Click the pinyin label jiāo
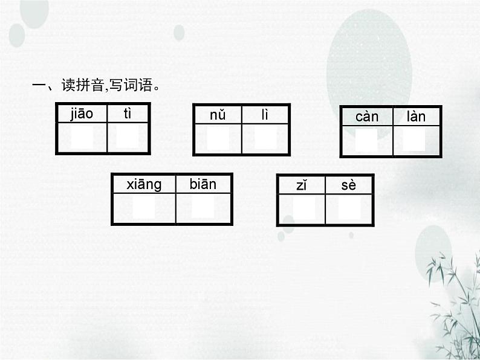tap(82, 113)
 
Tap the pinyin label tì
tap(128, 113)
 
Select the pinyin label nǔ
tap(218, 115)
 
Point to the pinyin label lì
tap(265, 115)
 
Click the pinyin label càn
tap(367, 117)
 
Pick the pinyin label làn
tap(416, 117)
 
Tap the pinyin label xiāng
tap(144, 184)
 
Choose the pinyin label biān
tap(203, 184)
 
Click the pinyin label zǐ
tap(302, 185)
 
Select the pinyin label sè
tap(349, 185)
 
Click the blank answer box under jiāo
tap(82, 138)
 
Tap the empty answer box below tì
tap(128, 138)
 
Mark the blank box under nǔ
tap(218, 138)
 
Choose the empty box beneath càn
tap(366, 140)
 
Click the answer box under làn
tap(415, 140)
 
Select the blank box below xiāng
tap(144, 208)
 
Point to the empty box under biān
tap(203, 208)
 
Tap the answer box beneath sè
tap(349, 209)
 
